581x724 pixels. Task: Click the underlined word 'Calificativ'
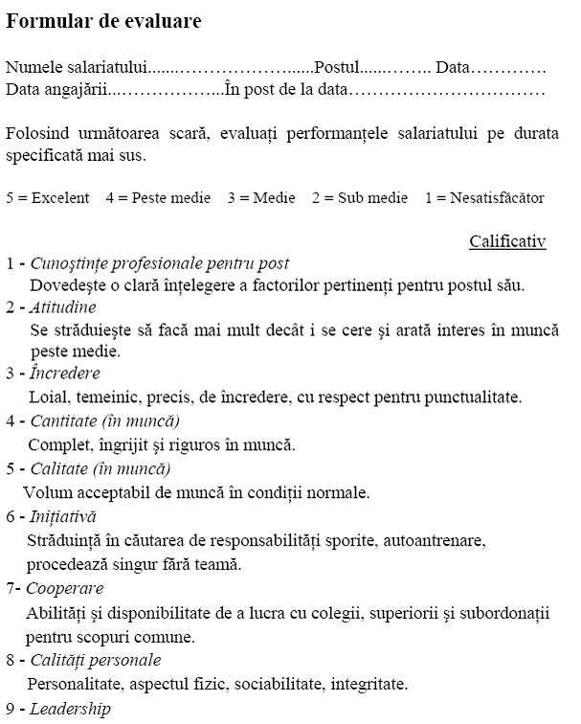[507, 241]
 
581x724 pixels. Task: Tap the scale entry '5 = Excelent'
[48, 198]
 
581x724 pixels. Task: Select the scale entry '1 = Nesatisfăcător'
[485, 198]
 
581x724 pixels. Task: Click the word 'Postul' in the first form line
[337, 68]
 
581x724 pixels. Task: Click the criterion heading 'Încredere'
[65, 373]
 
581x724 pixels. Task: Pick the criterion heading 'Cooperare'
[65, 588]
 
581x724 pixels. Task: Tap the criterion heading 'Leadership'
[70, 710]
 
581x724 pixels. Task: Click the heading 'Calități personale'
[96, 660]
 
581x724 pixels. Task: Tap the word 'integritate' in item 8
[369, 684]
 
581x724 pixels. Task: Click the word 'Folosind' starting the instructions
[37, 133]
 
